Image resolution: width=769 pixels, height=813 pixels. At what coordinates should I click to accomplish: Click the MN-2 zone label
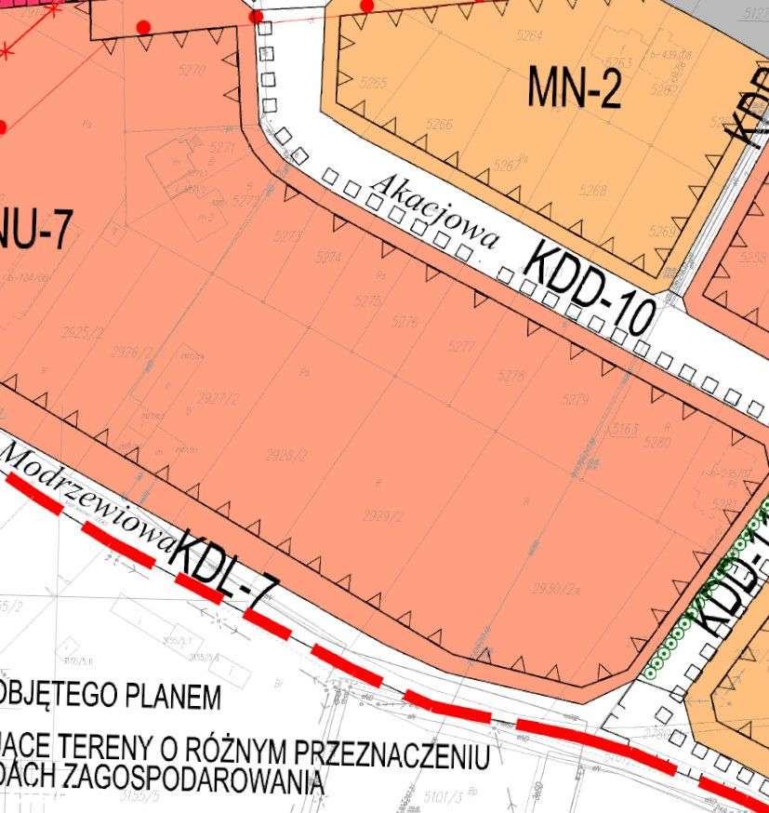tap(574, 88)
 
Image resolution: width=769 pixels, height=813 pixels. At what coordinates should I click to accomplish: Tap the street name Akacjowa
tap(433, 213)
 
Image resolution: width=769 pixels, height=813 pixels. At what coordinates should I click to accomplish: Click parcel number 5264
tap(529, 36)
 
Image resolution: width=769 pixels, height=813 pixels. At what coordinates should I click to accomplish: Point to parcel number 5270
tap(192, 70)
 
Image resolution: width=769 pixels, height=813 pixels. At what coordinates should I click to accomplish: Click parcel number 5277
tap(461, 347)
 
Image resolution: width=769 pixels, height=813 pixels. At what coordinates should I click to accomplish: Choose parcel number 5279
tap(576, 399)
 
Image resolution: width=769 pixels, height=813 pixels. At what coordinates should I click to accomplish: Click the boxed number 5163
tap(624, 430)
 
